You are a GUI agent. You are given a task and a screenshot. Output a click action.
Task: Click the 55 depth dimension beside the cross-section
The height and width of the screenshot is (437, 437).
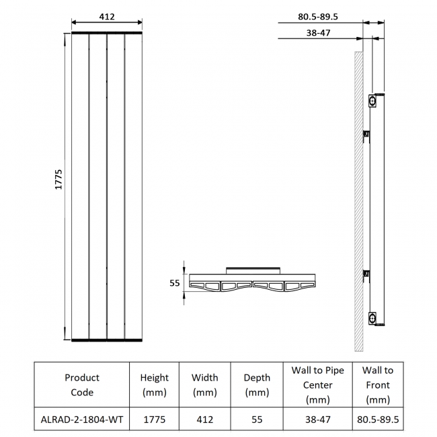(x=174, y=284)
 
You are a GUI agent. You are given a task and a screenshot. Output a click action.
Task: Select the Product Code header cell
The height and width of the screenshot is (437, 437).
(x=82, y=385)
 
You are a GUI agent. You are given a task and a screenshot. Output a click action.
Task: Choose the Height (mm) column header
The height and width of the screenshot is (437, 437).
(x=155, y=385)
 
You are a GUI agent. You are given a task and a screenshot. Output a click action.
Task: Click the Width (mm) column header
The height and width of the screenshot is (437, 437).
(x=205, y=385)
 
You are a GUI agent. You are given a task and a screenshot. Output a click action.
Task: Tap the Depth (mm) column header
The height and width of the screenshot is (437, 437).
(x=256, y=385)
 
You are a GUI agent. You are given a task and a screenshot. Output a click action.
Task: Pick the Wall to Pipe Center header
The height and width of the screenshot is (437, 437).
(x=317, y=385)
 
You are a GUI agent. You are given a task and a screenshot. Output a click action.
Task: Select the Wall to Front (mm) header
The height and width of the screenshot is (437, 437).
(x=377, y=385)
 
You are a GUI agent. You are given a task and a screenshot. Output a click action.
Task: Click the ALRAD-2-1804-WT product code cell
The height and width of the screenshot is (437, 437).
(x=82, y=420)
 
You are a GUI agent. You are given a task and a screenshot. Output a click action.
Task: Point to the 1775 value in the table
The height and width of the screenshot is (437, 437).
(x=155, y=420)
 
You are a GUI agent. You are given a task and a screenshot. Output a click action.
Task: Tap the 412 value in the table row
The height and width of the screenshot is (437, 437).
(x=205, y=420)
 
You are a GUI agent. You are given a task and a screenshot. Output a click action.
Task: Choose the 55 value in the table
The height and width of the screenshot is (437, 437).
(x=256, y=420)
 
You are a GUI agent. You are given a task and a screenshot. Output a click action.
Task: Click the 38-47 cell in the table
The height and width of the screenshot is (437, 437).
(x=317, y=420)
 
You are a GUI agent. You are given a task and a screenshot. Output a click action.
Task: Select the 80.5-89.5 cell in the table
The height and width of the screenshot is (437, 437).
(x=377, y=420)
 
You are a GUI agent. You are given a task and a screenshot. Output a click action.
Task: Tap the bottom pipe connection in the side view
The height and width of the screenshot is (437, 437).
(x=372, y=317)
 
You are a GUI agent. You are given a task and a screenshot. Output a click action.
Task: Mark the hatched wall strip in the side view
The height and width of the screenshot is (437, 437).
(x=359, y=202)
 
